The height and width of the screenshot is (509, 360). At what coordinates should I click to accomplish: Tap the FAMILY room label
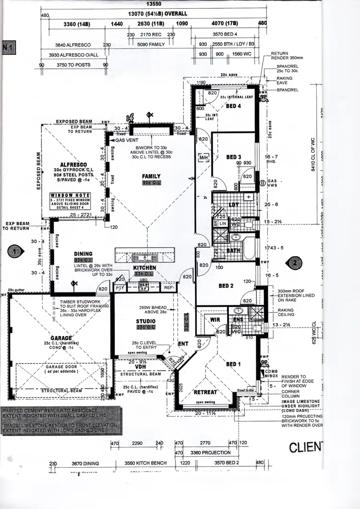click(x=151, y=176)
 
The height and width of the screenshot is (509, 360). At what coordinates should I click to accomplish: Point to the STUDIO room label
click(x=145, y=321)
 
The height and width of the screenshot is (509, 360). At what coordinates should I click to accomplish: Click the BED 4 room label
click(x=234, y=106)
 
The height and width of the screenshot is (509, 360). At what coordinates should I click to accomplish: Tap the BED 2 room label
click(x=226, y=286)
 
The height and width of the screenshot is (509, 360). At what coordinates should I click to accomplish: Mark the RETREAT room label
click(x=205, y=392)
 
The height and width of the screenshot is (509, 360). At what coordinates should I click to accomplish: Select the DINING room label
click(x=83, y=254)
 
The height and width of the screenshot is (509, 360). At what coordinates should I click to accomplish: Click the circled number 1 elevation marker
click(x=15, y=250)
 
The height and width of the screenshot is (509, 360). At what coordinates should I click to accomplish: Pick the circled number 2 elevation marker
click(x=294, y=262)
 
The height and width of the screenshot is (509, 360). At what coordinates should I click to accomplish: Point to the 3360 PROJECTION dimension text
click(x=209, y=452)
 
